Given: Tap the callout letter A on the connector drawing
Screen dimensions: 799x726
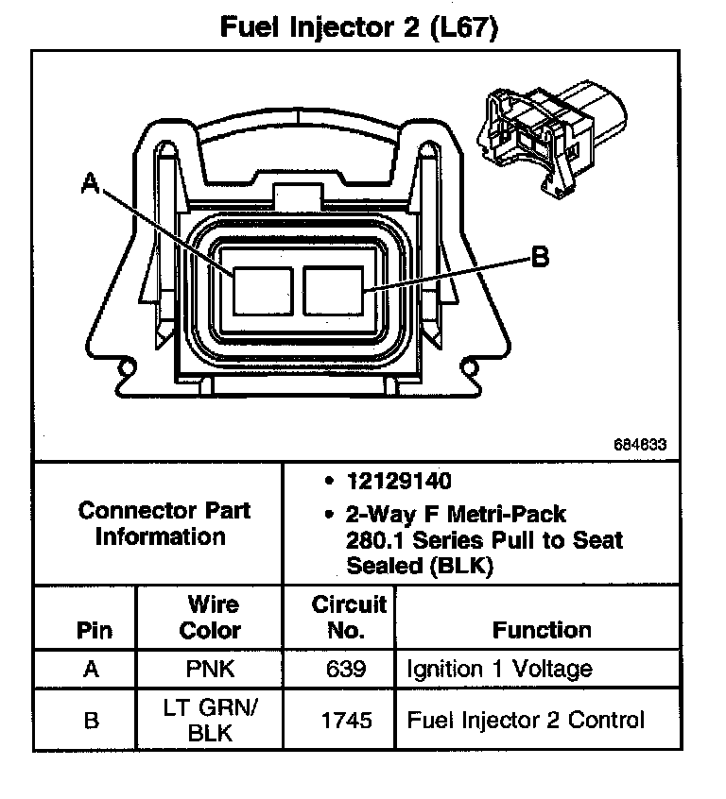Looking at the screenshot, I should (91, 182).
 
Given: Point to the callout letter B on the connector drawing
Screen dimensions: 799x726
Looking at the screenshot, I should (539, 257).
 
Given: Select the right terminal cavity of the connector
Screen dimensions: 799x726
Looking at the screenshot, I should (334, 289).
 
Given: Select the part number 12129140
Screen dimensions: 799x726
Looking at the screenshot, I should (399, 482).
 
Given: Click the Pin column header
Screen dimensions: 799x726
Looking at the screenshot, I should (92, 630).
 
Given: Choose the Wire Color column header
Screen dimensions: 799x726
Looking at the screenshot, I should (210, 617).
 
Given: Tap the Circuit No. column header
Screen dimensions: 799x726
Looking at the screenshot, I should (348, 617).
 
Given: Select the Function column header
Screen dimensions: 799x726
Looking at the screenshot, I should (542, 630).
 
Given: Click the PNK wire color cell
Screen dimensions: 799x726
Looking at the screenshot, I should (210, 670).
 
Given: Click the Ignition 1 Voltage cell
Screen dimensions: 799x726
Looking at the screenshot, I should (499, 670).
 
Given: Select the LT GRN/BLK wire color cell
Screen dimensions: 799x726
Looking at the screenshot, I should (210, 721).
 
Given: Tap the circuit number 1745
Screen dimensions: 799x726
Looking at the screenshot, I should (346, 721).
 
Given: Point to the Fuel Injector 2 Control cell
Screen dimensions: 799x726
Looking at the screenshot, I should (526, 721).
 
